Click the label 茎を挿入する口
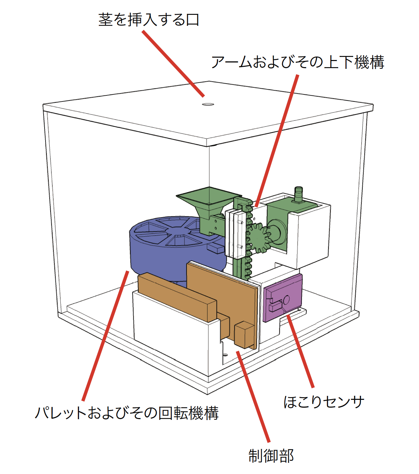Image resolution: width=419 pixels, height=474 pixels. [149, 20]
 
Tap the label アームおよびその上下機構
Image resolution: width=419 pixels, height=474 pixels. [298, 62]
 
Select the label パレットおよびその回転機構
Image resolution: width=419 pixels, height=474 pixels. [127, 413]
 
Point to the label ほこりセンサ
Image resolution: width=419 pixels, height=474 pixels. [324, 402]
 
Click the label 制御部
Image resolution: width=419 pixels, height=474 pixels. [271, 456]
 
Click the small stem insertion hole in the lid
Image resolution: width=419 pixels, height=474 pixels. [208, 104]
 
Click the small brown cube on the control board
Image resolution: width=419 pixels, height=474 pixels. [244, 334]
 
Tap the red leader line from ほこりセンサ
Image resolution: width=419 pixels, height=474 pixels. [300, 351]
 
